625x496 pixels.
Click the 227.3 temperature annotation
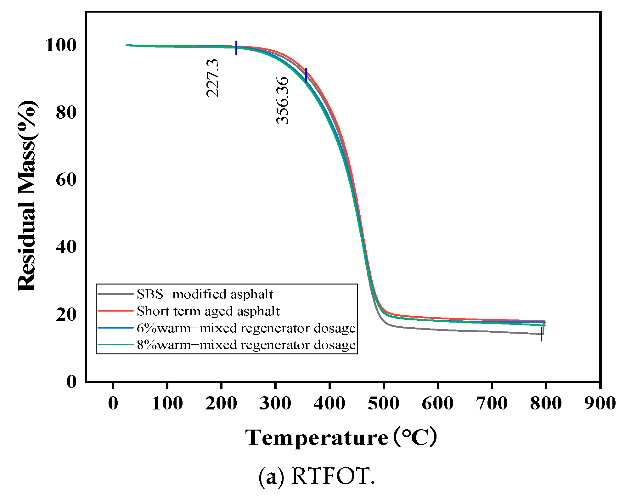(x=212, y=78)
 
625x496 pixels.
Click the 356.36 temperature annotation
(x=282, y=100)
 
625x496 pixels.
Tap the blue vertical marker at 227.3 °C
(x=236, y=48)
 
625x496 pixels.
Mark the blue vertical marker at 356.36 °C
(x=306, y=75)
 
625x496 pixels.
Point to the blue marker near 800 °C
(x=541, y=334)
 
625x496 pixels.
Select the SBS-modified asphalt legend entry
(x=205, y=294)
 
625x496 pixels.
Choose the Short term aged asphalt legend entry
(x=208, y=311)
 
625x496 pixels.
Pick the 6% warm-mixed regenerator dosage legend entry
(x=246, y=328)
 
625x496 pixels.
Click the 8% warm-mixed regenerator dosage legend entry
(x=246, y=345)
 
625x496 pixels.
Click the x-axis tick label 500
(x=384, y=403)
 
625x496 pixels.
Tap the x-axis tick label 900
(x=600, y=403)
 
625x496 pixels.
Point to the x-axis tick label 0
(x=113, y=403)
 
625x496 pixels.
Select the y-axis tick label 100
(x=61, y=45)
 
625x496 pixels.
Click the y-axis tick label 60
(x=66, y=180)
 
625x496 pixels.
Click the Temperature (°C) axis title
(x=341, y=437)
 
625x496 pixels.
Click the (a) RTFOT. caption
(x=317, y=476)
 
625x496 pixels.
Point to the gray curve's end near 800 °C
(x=543, y=334)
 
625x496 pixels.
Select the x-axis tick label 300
(x=275, y=403)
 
